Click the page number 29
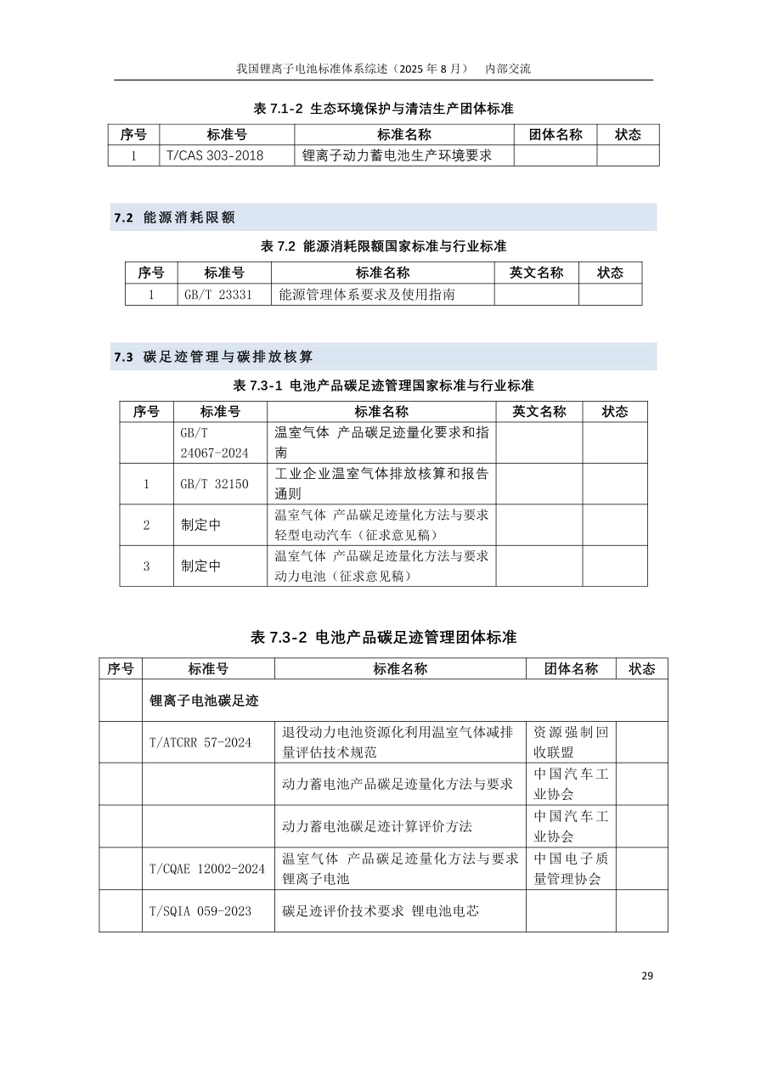point(647,976)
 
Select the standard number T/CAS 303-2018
point(215,155)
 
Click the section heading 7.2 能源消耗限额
point(174,218)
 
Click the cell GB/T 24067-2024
point(214,442)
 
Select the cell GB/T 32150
point(214,484)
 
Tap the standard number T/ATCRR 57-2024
point(200,742)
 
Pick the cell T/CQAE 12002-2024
point(207,869)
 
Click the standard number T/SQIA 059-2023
point(200,911)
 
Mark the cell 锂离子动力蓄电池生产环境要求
point(397,155)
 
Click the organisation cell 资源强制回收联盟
point(571,742)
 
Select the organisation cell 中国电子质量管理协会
point(571,869)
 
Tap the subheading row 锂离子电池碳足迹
point(204,701)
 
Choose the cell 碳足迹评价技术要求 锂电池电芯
point(381,911)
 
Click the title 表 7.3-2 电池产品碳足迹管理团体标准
point(384,637)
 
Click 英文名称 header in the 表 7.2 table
point(536,273)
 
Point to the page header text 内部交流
point(507,69)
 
